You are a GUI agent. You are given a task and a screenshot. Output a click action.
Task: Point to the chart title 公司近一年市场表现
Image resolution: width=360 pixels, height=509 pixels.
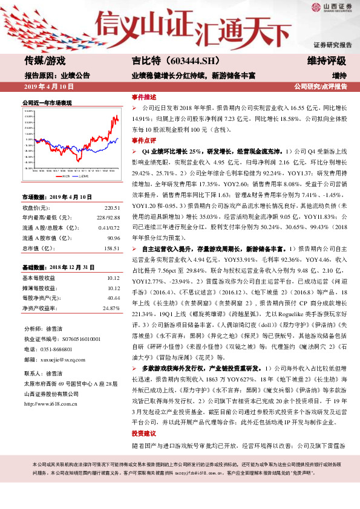coord(47,103)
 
